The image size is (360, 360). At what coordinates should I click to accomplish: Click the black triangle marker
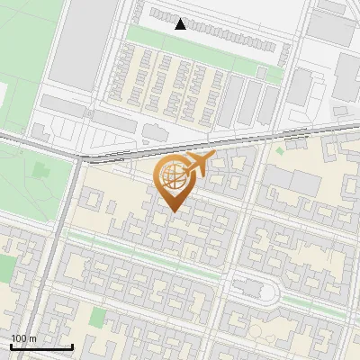tap(181, 24)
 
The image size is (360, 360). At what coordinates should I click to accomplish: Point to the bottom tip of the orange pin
tap(174, 211)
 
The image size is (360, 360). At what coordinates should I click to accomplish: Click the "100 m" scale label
tap(24, 338)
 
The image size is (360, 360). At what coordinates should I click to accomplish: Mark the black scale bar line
tap(41, 347)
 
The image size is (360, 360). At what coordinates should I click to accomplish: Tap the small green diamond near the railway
tap(280, 149)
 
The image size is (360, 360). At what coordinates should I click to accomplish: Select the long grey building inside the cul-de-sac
tap(250, 290)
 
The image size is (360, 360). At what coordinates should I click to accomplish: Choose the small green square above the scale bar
tap(97, 317)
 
